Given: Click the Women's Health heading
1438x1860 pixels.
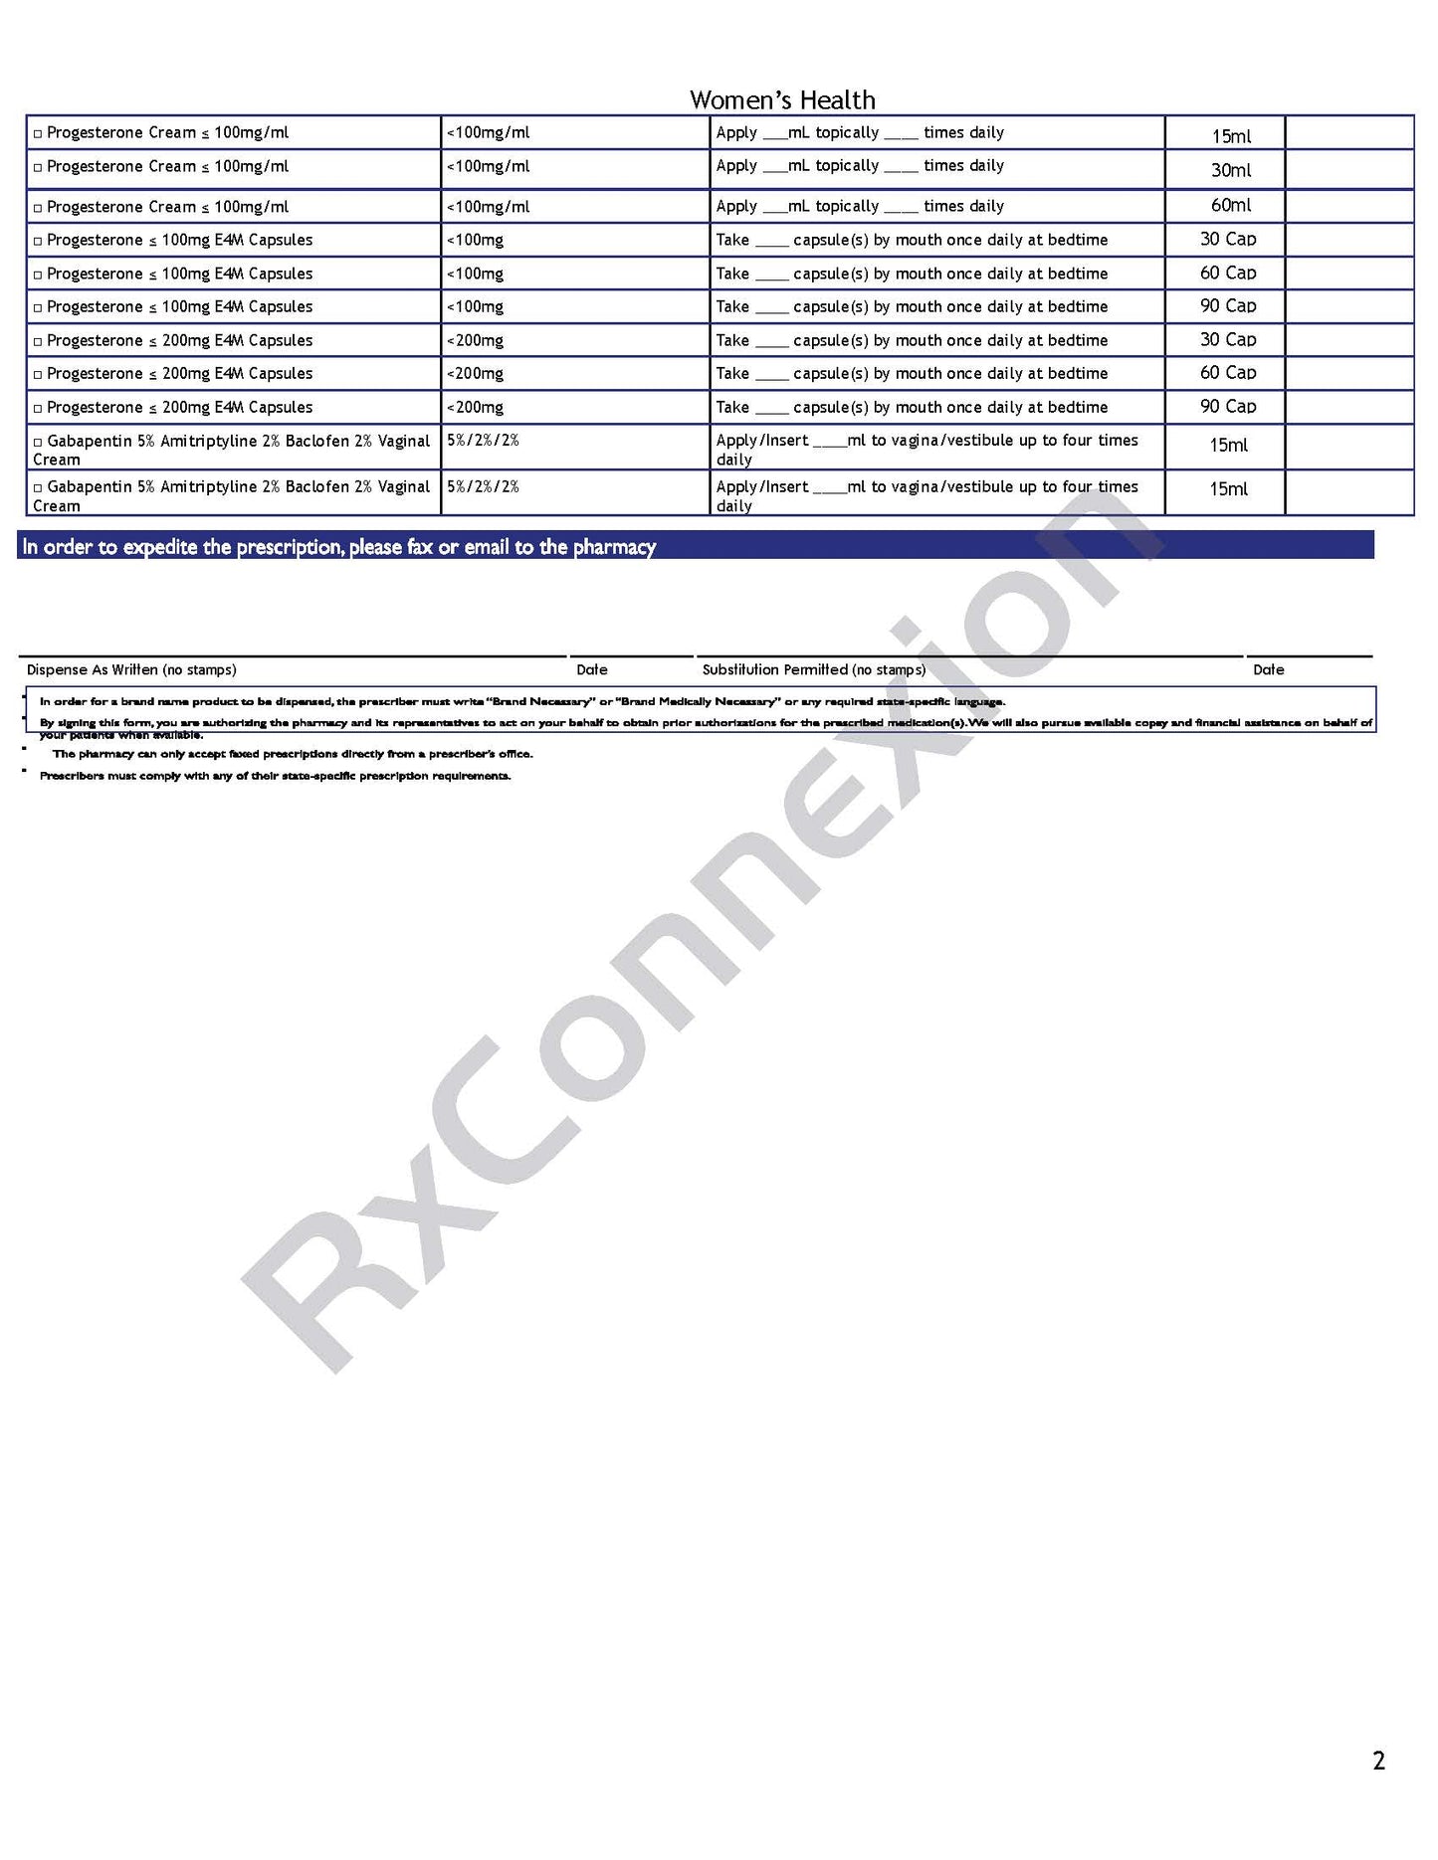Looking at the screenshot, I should pos(782,99).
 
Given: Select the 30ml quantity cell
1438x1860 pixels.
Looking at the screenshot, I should pos(1230,170).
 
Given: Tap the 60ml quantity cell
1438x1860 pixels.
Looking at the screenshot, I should pos(1230,205).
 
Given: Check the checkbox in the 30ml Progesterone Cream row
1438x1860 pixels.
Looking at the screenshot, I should pos(38,167).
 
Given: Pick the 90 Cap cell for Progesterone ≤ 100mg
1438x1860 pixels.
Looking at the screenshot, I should pos(1227,306).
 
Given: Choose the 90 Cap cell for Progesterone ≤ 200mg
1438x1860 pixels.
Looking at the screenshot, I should pos(1227,407).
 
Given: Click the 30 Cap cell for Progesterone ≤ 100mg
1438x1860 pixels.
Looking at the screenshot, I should pos(1227,240).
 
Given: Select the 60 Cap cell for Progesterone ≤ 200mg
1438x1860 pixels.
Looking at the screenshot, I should pos(1227,373).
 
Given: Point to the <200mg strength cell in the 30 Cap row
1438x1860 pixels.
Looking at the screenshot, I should pos(476,340).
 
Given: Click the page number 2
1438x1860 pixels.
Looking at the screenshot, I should pos(1378,1761).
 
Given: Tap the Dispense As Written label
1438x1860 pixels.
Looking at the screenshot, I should pos(131,669).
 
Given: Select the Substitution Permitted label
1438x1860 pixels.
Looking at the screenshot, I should pos(813,669).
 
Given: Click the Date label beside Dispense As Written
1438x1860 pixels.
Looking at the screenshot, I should pos(592,669).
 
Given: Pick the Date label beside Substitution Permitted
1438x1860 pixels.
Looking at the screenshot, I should pos(1268,669).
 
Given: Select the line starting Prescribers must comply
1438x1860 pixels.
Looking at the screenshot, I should pos(275,776).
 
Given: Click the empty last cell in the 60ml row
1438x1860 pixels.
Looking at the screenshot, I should pos(1348,206).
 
